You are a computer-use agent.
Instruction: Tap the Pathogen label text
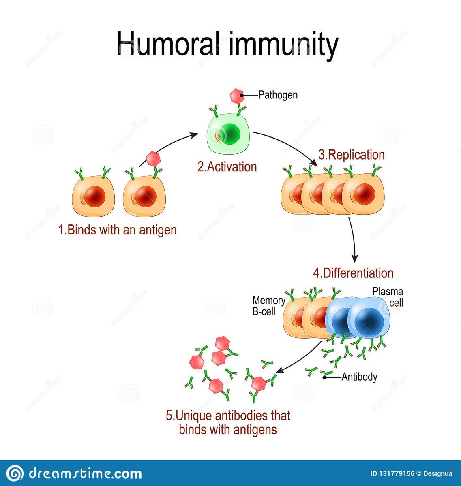[278, 95]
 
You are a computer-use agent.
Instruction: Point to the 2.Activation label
[227, 167]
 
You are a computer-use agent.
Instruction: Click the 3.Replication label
[351, 155]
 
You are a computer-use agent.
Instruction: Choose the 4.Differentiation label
[353, 273]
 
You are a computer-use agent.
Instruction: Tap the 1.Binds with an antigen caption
[118, 230]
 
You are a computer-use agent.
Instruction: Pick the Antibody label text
[359, 377]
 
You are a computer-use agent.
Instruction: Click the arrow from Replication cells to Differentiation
[354, 239]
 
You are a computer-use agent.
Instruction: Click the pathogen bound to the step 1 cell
[153, 158]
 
